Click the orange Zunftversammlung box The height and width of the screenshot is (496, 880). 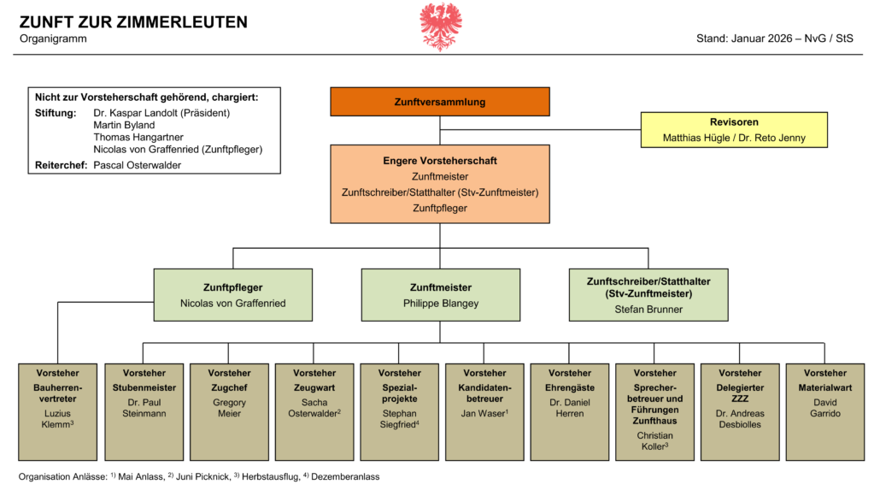[440, 102]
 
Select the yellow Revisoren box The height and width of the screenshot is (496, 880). [734, 130]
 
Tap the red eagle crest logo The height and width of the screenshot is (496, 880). [441, 26]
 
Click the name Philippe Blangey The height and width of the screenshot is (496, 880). [440, 304]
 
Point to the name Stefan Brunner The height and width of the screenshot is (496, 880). [648, 309]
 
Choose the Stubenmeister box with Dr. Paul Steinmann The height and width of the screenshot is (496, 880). [144, 411]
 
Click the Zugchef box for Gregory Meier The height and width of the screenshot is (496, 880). [229, 411]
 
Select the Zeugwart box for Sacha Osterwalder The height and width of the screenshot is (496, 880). [314, 411]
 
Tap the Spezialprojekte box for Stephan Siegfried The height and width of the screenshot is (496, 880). [399, 411]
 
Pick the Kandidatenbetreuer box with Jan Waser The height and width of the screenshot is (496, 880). [484, 411]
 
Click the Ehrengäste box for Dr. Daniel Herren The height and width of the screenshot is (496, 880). [570, 411]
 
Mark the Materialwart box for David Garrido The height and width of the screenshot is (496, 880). [825, 411]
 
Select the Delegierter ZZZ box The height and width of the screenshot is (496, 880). [740, 411]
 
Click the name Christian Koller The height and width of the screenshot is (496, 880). [655, 440]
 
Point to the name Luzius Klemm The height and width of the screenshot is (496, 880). [58, 419]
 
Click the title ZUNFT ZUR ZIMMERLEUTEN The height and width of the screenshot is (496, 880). [133, 22]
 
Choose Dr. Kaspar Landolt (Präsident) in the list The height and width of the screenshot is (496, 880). [161, 113]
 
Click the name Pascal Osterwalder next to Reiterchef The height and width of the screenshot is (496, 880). [137, 165]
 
